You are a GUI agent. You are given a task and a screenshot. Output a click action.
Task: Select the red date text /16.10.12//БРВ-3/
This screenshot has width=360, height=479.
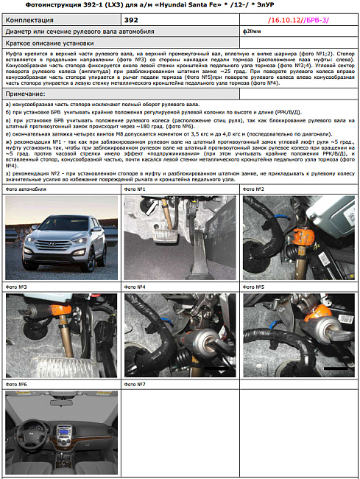point(298,21)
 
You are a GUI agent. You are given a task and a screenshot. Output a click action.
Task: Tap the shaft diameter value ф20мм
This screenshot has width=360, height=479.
point(253,32)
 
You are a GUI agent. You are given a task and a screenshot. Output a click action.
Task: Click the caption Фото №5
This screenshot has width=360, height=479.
point(254,287)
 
